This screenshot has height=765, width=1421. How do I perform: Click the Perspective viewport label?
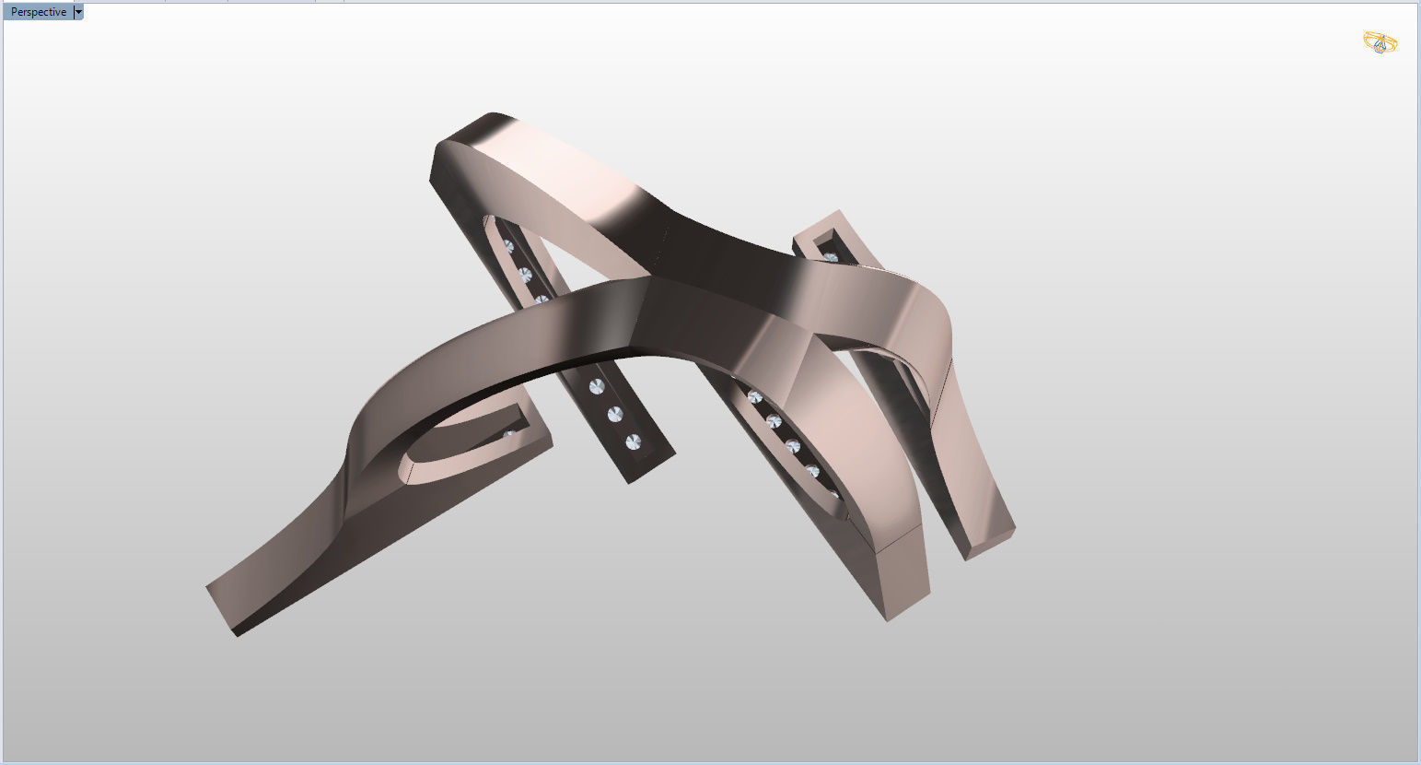[x=38, y=12]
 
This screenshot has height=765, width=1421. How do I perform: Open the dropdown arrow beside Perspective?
[x=78, y=12]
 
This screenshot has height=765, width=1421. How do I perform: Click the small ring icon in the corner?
[x=1380, y=42]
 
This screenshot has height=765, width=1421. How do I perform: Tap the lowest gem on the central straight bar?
[x=632, y=442]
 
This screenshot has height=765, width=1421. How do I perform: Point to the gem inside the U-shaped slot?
[x=509, y=432]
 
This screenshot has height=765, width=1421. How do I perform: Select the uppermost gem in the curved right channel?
[x=755, y=397]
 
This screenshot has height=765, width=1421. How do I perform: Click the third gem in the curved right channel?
[x=792, y=447]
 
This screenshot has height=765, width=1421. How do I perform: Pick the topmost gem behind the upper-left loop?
[x=507, y=246]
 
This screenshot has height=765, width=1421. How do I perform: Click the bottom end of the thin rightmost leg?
[x=990, y=544]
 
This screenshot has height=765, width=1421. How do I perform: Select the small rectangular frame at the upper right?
[x=829, y=235]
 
